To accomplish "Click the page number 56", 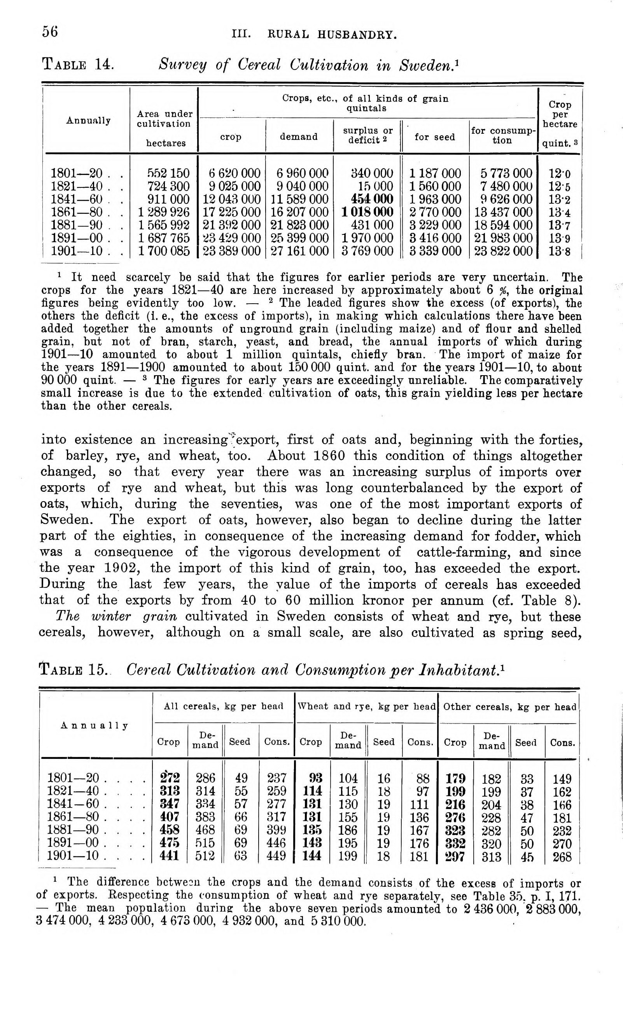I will (x=50, y=32).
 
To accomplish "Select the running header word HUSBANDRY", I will (x=357, y=35).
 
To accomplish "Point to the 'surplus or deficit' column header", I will (x=367, y=136).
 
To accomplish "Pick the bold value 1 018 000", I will (x=367, y=212).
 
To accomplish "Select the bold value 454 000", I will (x=372, y=199).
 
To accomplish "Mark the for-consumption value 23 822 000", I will (x=503, y=251).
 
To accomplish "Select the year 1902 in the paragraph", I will (x=119, y=568).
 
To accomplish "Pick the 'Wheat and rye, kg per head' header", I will (x=366, y=707).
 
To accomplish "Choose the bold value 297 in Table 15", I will (x=455, y=856).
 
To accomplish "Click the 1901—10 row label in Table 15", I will (x=73, y=855).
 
